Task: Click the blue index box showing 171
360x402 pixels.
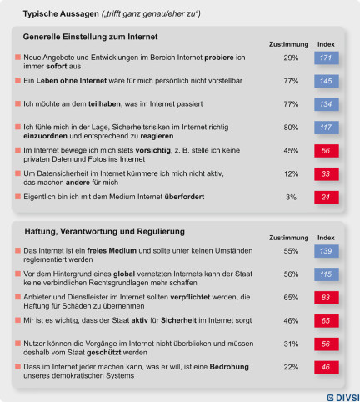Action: point(327,58)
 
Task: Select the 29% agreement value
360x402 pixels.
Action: point(291,58)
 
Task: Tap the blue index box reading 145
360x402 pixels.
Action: point(327,81)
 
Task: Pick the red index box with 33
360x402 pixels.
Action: point(327,174)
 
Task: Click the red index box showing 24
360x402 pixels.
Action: point(327,197)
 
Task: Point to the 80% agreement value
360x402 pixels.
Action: point(291,128)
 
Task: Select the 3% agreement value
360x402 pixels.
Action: point(291,197)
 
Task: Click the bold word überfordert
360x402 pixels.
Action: point(184,197)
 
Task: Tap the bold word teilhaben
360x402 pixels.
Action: point(104,104)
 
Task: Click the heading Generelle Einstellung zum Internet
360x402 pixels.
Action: point(90,37)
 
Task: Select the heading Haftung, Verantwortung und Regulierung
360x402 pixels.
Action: point(105,231)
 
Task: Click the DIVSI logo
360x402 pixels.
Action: point(343,398)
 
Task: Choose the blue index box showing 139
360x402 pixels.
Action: point(327,251)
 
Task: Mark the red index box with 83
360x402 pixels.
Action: point(327,298)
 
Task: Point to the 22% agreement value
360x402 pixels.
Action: point(291,367)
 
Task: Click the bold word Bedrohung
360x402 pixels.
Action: point(229,367)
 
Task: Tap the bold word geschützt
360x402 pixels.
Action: point(104,353)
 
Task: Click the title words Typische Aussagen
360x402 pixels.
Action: point(61,13)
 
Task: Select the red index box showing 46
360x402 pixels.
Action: point(327,367)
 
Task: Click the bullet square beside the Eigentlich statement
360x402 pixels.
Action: point(18,197)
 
